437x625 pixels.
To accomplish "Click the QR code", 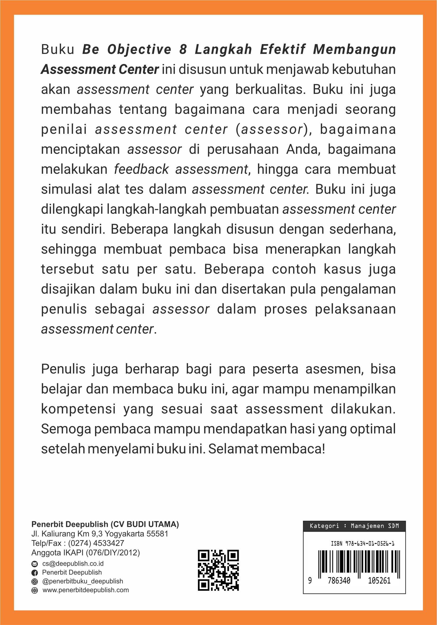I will [218, 570].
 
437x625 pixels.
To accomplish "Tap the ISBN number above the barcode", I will [362, 544].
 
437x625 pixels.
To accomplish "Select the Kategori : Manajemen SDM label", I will [354, 526].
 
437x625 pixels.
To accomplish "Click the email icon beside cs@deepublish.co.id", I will [35, 563].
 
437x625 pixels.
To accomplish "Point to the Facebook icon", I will [35, 572].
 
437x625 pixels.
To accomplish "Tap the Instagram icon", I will [35, 581].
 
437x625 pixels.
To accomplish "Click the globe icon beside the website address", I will [35, 590].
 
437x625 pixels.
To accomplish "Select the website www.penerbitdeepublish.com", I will [86, 590].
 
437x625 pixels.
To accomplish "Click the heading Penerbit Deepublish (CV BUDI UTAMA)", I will [105, 524].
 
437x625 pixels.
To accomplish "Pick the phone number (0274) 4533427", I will [96, 543].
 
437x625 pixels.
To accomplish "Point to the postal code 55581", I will [157, 534].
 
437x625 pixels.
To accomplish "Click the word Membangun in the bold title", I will [354, 49].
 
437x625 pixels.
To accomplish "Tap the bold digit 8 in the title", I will [183, 49].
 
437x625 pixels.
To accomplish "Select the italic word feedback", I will [141, 169].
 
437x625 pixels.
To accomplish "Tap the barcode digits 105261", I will [379, 581].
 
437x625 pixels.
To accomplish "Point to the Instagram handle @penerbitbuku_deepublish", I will [83, 581].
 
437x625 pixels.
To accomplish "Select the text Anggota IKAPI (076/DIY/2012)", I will [86, 553].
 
